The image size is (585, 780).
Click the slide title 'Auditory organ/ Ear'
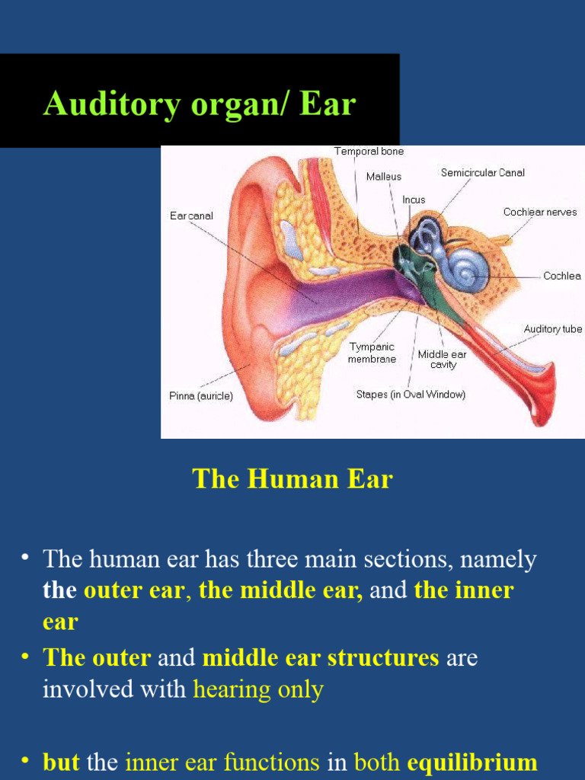pos(200,103)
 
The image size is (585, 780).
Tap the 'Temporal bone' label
pos(369,152)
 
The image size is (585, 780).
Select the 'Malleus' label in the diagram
pos(384,177)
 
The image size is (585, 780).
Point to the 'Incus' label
pos(414,200)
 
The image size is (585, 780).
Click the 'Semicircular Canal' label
pos(483,173)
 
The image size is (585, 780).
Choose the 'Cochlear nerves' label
pos(540,212)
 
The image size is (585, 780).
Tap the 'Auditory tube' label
pos(552,329)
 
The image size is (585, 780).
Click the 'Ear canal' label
pos(191,216)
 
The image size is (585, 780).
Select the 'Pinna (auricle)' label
pos(201,396)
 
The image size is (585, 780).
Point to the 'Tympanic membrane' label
pos(372,353)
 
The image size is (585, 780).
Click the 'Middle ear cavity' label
pos(443,360)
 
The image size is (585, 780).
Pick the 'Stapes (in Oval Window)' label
pos(411,395)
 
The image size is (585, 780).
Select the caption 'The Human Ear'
pos(292,479)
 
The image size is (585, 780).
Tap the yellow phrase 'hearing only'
pos(258,689)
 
